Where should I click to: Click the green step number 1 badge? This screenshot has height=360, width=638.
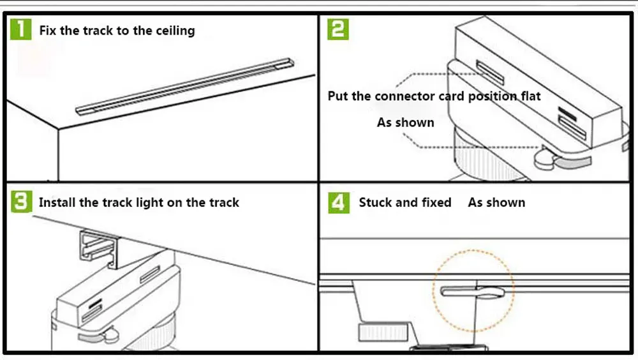click(x=21, y=29)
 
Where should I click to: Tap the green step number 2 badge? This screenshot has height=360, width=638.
click(x=338, y=29)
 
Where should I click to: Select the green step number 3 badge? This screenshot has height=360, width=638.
click(x=22, y=202)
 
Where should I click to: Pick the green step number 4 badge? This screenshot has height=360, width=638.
click(x=339, y=202)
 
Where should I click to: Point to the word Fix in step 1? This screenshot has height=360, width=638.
click(x=48, y=31)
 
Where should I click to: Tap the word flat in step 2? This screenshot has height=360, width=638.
click(x=531, y=96)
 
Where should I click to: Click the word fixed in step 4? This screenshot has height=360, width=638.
click(x=436, y=202)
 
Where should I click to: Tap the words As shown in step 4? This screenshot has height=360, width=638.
click(x=496, y=202)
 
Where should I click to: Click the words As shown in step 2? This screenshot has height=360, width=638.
click(x=405, y=122)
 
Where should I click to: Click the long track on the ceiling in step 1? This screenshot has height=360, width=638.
click(x=185, y=86)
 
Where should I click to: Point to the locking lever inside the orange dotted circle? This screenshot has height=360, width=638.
click(x=473, y=292)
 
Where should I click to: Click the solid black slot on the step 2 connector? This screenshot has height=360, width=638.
click(x=567, y=113)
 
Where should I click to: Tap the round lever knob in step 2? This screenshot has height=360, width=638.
click(x=545, y=159)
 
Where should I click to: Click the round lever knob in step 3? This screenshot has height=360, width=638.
click(x=110, y=334)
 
